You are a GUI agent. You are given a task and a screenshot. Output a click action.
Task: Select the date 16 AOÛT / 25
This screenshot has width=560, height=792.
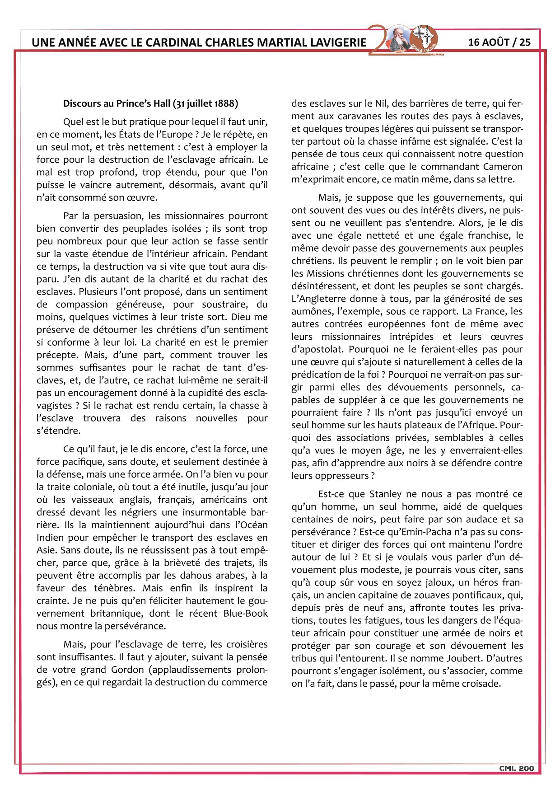(x=499, y=42)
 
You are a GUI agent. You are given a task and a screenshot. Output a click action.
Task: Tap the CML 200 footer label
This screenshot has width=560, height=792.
(x=516, y=768)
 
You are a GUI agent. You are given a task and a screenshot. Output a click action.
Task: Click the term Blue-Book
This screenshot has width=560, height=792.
(x=246, y=614)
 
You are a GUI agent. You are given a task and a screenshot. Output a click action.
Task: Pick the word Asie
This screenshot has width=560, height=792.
(x=47, y=551)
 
